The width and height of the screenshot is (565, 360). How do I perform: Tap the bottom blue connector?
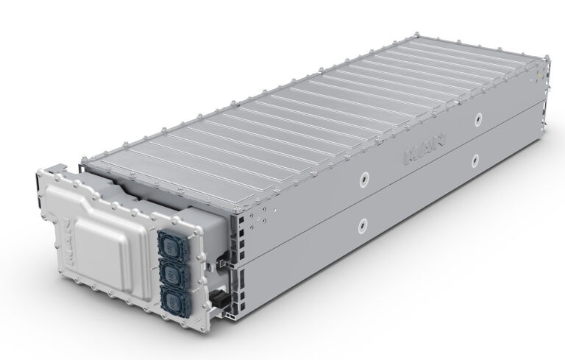[171, 303]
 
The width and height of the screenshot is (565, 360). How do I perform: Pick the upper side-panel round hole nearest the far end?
[479, 119]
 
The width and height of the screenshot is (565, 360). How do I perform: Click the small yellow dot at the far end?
[542, 76]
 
